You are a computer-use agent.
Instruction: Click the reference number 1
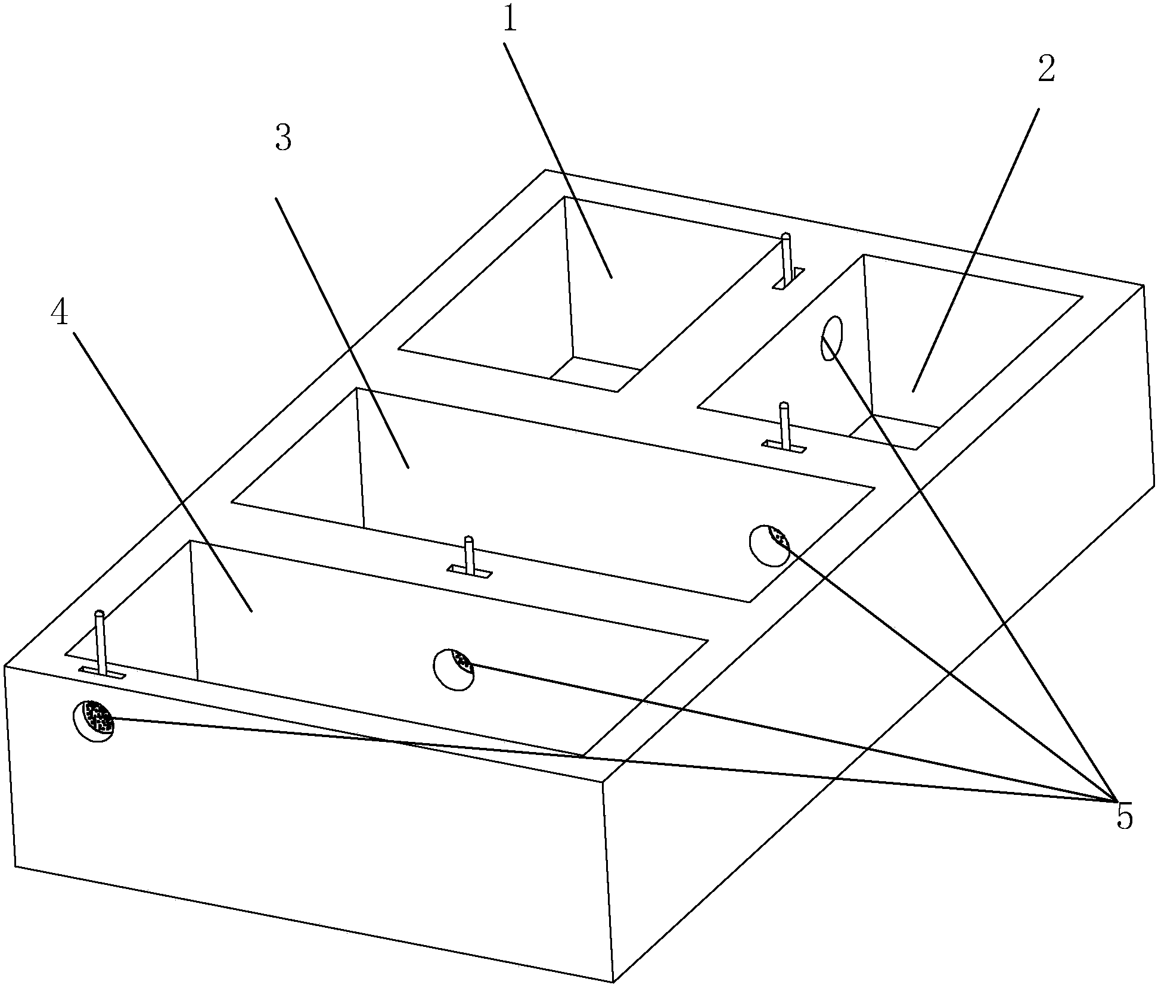coord(509,21)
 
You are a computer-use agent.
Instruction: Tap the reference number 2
coord(1046,70)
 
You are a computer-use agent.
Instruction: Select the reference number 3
coord(283,139)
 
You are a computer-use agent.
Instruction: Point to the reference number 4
coord(60,313)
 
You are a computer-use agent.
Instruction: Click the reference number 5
coord(1124,817)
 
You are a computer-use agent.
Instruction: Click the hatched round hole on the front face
coord(93,720)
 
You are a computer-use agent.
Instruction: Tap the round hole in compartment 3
coord(769,545)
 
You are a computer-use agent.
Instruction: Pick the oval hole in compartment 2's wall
coord(832,338)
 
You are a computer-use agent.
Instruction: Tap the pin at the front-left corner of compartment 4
coord(101,642)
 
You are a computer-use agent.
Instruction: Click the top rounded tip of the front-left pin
coord(99,614)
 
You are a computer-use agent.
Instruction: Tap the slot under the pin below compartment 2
coord(784,445)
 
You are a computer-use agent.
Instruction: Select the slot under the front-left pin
coord(103,673)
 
